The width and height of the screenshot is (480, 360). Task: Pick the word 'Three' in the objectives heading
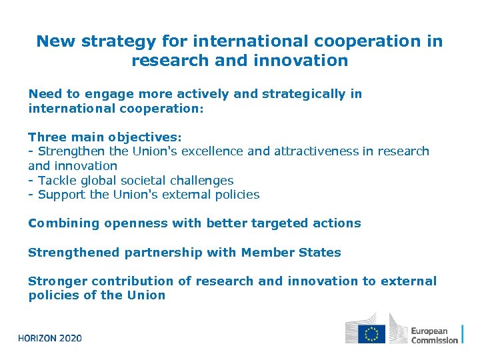tap(47, 137)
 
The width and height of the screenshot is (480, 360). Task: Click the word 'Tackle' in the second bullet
tap(56, 181)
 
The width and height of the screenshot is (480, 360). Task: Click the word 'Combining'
tap(63, 223)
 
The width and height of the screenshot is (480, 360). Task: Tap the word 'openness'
tap(136, 223)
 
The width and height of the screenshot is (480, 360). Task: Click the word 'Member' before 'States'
tap(271, 253)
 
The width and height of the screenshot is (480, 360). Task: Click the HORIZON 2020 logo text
tap(50, 338)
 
